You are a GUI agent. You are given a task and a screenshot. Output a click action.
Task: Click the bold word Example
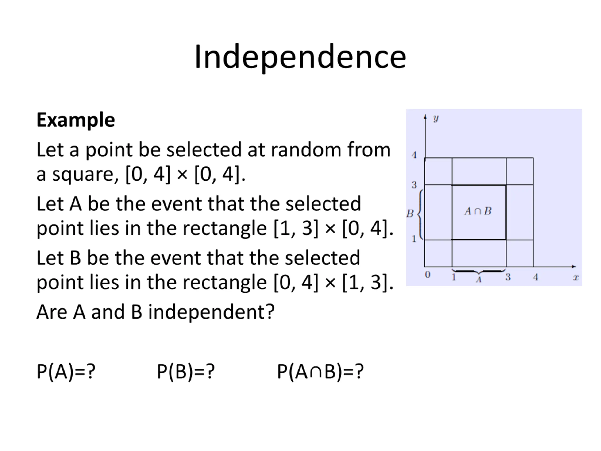point(76,120)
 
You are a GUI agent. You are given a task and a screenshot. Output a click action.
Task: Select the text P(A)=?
point(66,371)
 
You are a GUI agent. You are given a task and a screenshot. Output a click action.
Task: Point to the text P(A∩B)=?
point(320,371)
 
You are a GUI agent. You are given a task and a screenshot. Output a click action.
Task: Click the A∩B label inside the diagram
point(478,211)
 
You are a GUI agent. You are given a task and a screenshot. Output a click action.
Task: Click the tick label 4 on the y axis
point(414,155)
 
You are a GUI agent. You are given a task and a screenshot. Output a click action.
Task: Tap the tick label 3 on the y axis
point(414,185)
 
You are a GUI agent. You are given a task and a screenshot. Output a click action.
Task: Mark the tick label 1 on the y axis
point(414,239)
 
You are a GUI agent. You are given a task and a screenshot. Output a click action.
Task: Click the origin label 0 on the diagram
point(428,275)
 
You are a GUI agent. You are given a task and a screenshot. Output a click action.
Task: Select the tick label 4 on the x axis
point(536,277)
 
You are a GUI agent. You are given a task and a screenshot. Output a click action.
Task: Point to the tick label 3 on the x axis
point(508,277)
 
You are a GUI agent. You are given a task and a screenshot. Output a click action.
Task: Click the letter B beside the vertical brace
point(410,214)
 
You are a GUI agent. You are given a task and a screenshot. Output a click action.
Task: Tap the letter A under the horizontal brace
point(478,280)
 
